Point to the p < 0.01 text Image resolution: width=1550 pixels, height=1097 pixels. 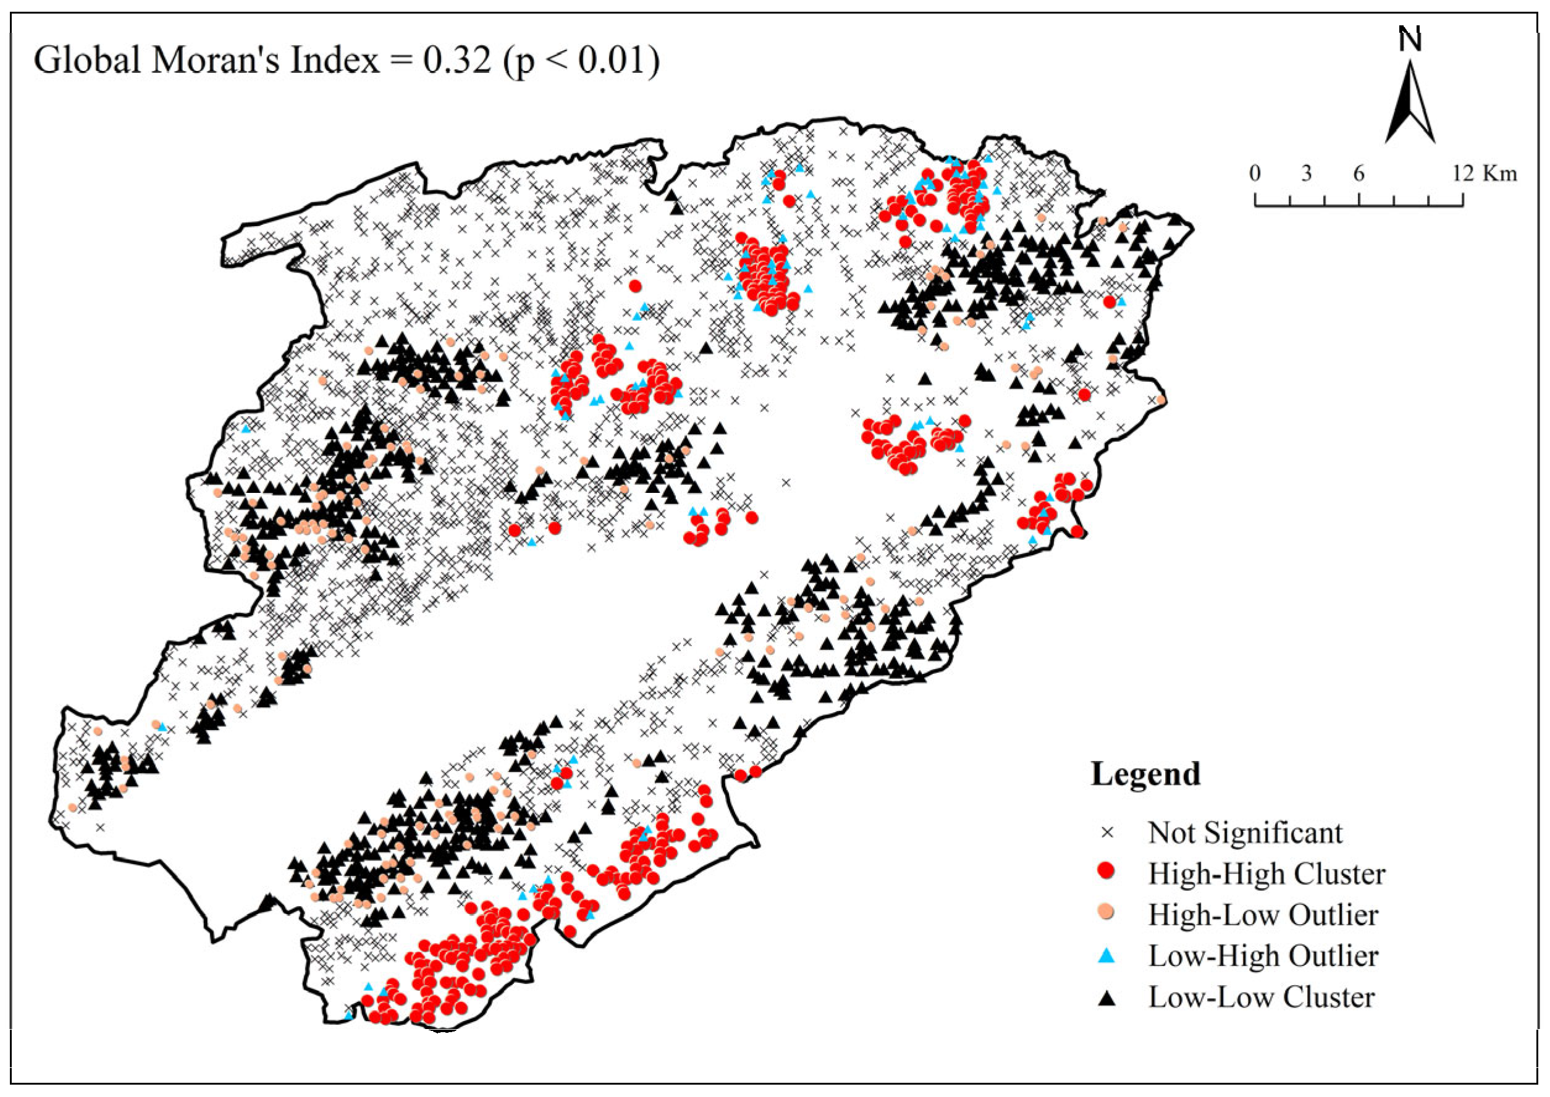pyautogui.click(x=581, y=61)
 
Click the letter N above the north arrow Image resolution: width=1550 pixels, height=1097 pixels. pyautogui.click(x=1410, y=40)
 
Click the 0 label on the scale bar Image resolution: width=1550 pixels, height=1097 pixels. pyautogui.click(x=1255, y=174)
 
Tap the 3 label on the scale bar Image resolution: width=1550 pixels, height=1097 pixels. pyautogui.click(x=1306, y=174)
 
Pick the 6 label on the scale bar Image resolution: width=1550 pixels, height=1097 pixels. pyautogui.click(x=1358, y=174)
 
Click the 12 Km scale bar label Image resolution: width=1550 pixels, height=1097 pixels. pyautogui.click(x=1485, y=174)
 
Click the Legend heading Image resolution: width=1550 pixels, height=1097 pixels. pyautogui.click(x=1146, y=774)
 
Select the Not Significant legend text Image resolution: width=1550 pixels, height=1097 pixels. pyautogui.click(x=1245, y=833)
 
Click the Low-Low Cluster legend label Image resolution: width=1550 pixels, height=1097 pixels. pyautogui.click(x=1261, y=998)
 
